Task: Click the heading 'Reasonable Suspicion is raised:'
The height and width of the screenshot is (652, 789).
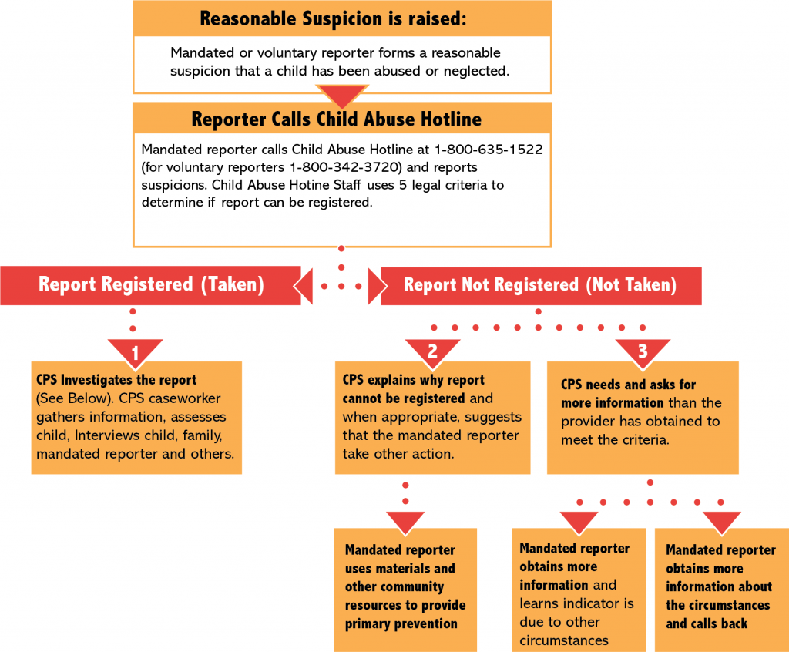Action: pyautogui.click(x=333, y=18)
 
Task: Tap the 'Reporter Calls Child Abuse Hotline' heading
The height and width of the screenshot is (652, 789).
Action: pyautogui.click(x=336, y=119)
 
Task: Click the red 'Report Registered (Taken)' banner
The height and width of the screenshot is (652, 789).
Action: pyautogui.click(x=151, y=284)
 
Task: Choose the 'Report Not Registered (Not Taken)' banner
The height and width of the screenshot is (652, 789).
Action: pyautogui.click(x=539, y=285)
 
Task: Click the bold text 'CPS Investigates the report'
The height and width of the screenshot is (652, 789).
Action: pyautogui.click(x=116, y=380)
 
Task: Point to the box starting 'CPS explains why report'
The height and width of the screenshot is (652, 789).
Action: pyautogui.click(x=432, y=416)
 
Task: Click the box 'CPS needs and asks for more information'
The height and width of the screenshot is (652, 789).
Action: pyautogui.click(x=643, y=412)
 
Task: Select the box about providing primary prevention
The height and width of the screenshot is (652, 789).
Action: pyautogui.click(x=405, y=587)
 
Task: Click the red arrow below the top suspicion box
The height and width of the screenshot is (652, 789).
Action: pyautogui.click(x=341, y=95)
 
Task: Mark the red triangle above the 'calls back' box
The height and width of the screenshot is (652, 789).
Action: pyautogui.click(x=721, y=521)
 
